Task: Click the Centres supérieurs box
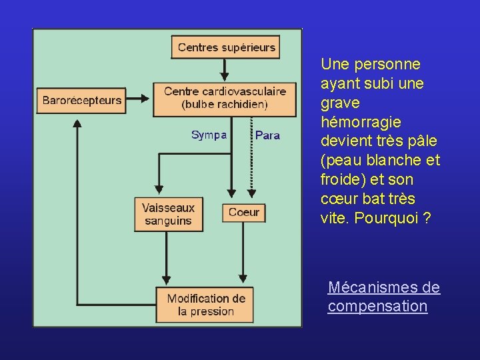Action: pos(226,47)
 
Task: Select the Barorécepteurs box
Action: pos(82,101)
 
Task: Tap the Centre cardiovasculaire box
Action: pos(225,98)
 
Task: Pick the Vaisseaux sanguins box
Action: pos(168,215)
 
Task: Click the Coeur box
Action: pos(243,213)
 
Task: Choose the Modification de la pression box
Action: pos(205,305)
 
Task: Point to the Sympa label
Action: pos(209,135)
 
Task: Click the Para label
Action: pos(267,135)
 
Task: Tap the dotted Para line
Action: pos(251,160)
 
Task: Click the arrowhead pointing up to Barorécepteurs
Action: pos(77,124)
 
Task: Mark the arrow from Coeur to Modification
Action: pos(243,253)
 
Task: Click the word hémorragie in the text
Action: pos(361,123)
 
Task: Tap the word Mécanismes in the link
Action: pos(374,287)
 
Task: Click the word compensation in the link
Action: pos(377,307)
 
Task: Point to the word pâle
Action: pos(422,141)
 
